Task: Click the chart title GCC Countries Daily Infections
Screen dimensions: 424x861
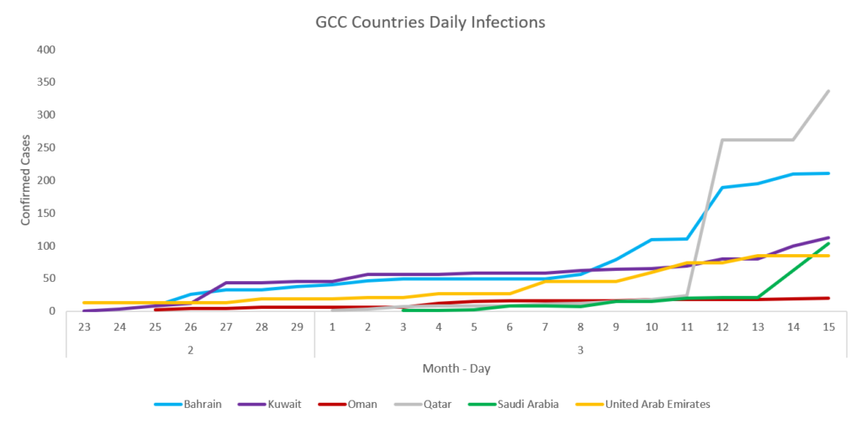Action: click(430, 22)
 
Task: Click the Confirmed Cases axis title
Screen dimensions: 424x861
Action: click(27, 180)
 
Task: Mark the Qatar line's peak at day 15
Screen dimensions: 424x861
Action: click(828, 91)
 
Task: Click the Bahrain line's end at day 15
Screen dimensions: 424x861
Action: click(828, 173)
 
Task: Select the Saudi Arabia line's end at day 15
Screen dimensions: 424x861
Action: click(828, 243)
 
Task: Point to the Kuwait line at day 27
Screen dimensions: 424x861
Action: click(226, 283)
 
